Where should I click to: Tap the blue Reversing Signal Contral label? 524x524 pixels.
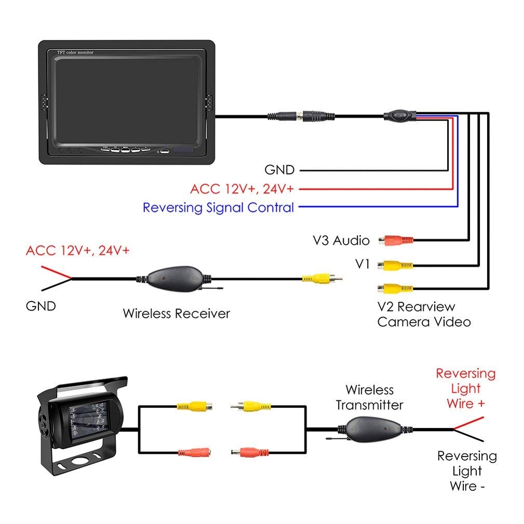click(218, 208)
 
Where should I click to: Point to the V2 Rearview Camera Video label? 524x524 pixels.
click(423, 314)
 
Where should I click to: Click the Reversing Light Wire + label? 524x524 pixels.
click(465, 388)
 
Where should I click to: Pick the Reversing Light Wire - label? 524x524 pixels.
click(466, 471)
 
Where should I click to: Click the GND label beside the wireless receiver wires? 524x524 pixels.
click(41, 306)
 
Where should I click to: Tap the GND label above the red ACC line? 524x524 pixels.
click(279, 170)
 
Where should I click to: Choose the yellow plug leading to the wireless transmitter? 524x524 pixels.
click(246, 405)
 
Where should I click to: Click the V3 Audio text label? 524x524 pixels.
click(341, 240)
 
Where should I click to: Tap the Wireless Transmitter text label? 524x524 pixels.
click(369, 397)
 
